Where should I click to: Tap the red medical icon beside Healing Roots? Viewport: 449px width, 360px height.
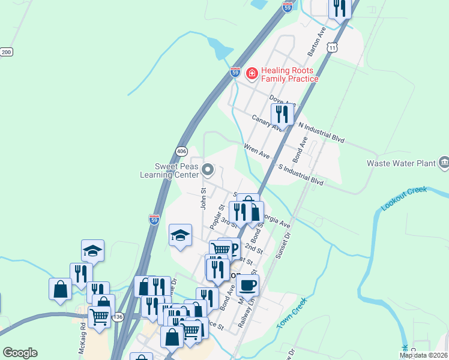point(252,74)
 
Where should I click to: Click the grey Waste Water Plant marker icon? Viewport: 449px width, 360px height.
point(444,161)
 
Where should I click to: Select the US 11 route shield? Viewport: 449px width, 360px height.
point(333,47)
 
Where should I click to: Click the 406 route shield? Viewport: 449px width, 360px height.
point(182,151)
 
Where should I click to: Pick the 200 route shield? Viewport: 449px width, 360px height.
point(7,52)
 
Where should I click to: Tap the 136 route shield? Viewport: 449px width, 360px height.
point(119,316)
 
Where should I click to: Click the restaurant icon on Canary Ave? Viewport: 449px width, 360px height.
point(282,115)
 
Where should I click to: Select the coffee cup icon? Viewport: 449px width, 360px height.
point(247,286)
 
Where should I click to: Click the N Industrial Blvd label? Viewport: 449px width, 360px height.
point(322,132)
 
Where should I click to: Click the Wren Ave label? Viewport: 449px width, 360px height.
point(257,150)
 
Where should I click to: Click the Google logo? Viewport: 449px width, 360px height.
point(20,353)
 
